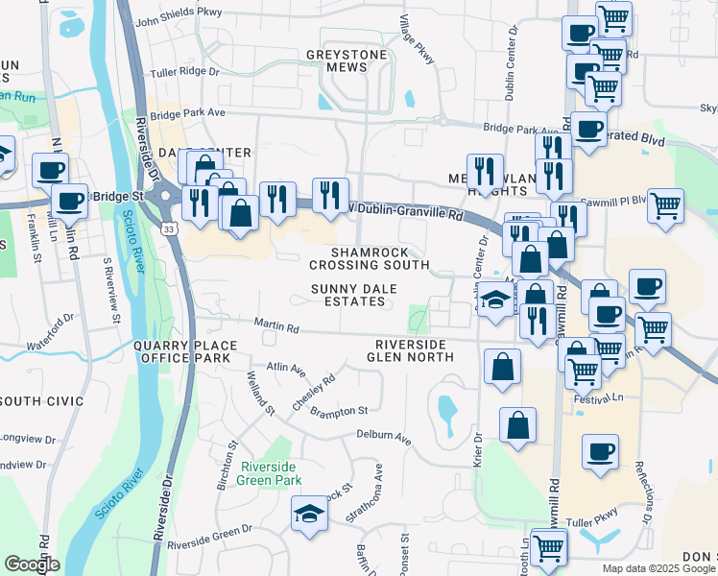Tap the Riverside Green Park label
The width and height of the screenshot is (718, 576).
[x=272, y=473]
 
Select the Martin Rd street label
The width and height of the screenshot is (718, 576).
[x=278, y=328]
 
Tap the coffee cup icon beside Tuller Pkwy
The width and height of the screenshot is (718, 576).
[x=600, y=452]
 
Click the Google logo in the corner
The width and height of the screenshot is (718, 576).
[x=32, y=564]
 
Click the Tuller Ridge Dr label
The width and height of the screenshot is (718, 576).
[x=185, y=72]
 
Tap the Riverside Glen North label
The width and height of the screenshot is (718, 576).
[x=413, y=350]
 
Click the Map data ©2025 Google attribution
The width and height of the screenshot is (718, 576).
[x=658, y=568]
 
